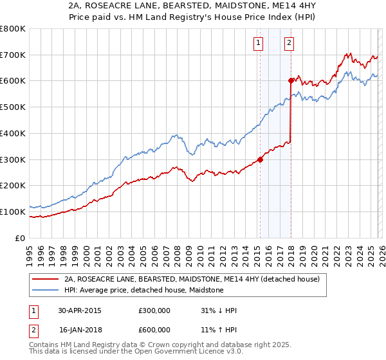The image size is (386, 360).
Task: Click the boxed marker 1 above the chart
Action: pos(258,44)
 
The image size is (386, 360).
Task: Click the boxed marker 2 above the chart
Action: pos(289,44)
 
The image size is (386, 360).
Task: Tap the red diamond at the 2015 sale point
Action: pos(260,159)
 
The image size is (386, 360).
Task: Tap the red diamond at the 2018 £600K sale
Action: pos(291,80)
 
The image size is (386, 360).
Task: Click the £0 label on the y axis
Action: pos(21,238)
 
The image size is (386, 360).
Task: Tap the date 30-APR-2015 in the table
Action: pos(80,310)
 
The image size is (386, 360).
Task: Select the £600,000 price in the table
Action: pos(154,330)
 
